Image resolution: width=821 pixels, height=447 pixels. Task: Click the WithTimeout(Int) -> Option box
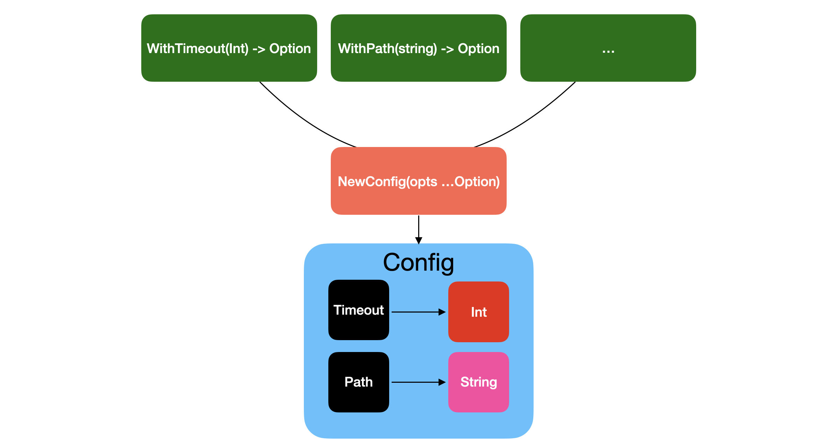(x=229, y=48)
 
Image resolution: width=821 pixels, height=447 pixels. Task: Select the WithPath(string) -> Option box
(x=419, y=48)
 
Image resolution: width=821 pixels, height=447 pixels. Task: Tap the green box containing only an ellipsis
(x=608, y=48)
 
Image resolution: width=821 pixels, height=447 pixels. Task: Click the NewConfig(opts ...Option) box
(x=419, y=181)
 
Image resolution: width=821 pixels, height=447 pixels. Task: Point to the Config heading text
(x=419, y=263)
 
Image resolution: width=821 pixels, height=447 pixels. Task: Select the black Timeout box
(x=359, y=310)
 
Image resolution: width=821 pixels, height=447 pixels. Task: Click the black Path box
(x=359, y=382)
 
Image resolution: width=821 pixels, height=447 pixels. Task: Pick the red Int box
(x=479, y=312)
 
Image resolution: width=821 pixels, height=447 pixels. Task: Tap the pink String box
(x=479, y=382)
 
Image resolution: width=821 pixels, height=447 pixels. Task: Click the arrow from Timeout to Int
(x=419, y=312)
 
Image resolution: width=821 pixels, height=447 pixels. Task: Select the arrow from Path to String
(x=419, y=382)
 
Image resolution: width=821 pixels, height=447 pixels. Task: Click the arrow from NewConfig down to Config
(x=419, y=230)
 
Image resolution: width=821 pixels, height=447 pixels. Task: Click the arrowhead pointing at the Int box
(x=442, y=312)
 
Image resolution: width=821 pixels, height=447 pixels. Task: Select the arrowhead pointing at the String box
(x=442, y=382)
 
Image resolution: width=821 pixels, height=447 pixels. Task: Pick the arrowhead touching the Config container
(x=419, y=241)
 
